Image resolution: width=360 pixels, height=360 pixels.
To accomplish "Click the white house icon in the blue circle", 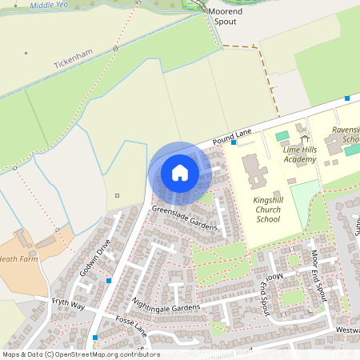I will (180, 172).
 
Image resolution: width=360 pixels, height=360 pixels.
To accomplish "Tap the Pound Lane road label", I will (233, 137).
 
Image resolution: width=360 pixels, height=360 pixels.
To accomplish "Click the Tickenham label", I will (74, 58).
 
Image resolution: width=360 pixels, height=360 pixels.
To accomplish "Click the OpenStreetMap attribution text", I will (80, 354).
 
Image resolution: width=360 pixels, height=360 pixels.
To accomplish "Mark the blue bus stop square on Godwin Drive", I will (109, 281).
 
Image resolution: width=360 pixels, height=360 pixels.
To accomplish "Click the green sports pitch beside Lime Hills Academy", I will (282, 136).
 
